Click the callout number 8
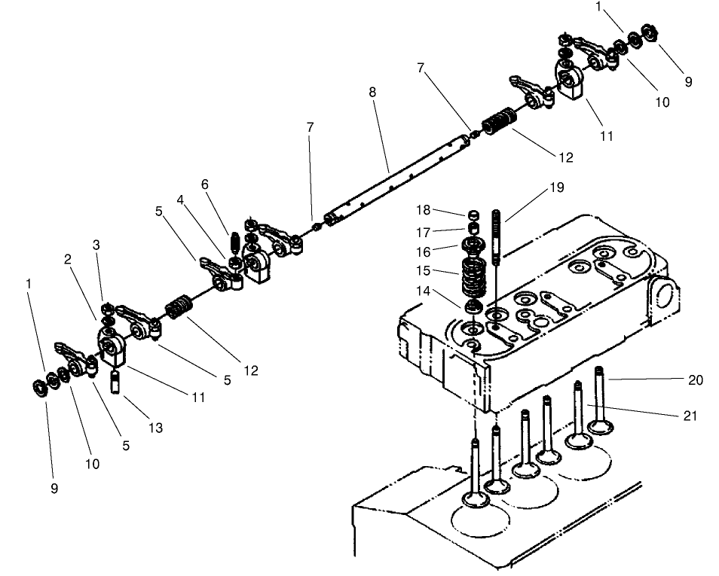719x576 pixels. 372,92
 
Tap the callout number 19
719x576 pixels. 556,187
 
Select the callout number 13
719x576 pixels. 155,428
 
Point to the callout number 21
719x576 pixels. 690,416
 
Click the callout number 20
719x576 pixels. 695,380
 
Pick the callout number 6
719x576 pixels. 205,184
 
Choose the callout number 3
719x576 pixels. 96,245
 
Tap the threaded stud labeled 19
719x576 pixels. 496,237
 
